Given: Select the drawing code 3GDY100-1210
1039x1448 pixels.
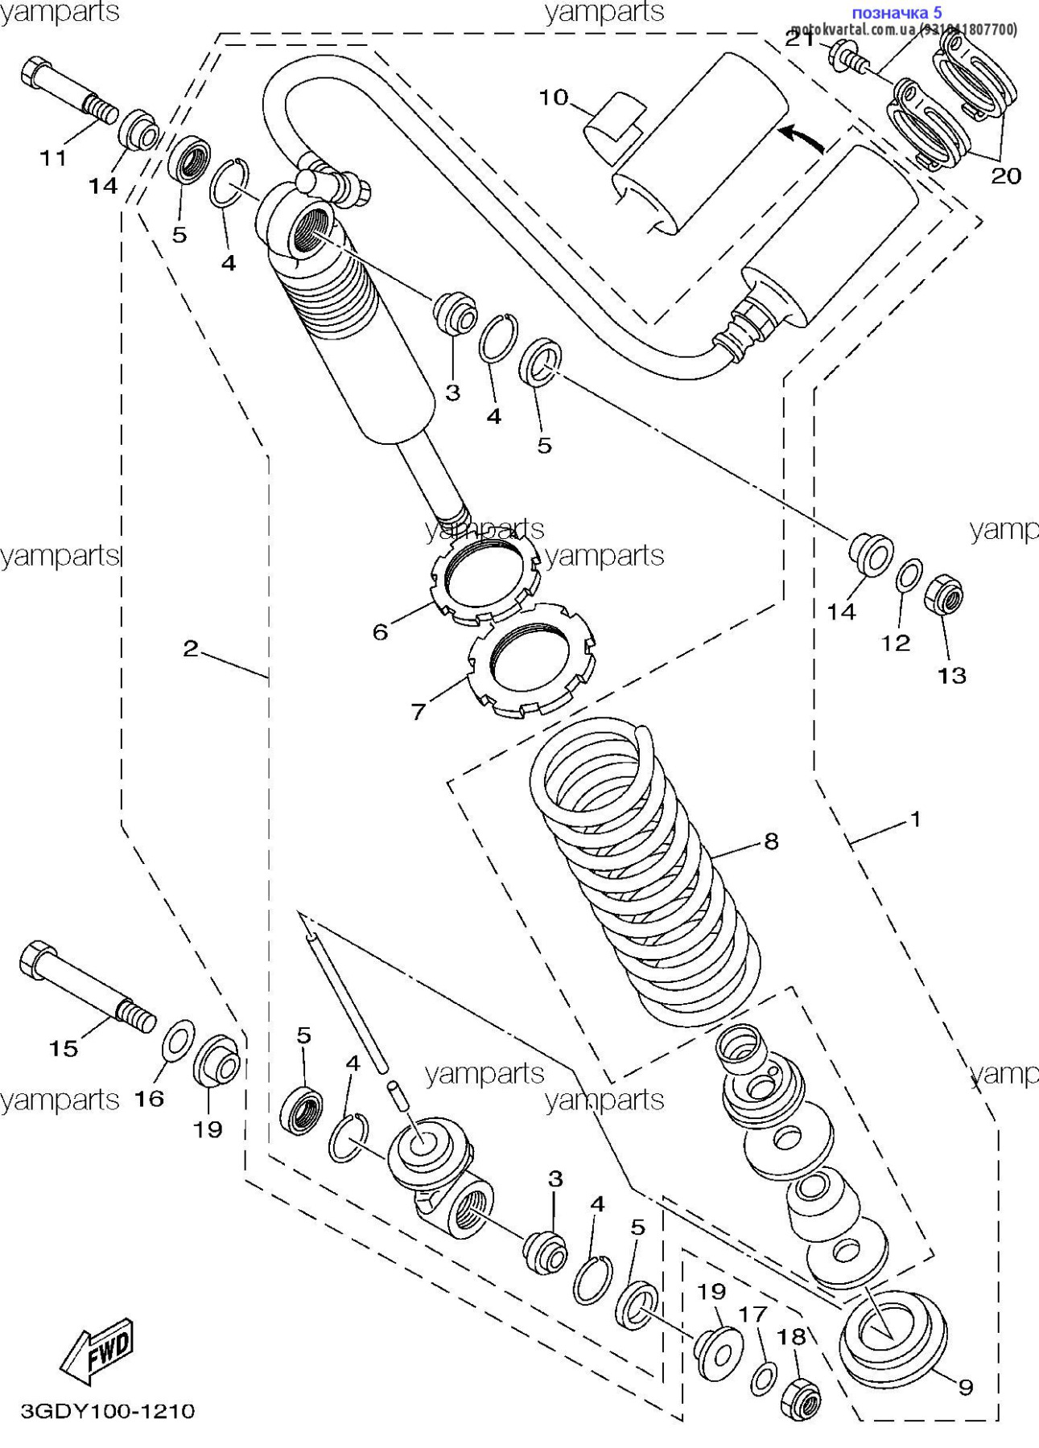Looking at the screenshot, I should [107, 1411].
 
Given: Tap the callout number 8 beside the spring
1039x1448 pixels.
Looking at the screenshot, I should [771, 841].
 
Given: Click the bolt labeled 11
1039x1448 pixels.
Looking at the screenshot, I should [68, 92].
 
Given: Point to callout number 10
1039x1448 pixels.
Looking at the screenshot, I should [553, 98].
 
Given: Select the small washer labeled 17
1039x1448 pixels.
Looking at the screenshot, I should [764, 1379].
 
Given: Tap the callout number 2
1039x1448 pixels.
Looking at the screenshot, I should [190, 648].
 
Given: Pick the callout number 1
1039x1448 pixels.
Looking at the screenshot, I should [914, 820].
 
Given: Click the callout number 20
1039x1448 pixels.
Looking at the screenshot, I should [1005, 175].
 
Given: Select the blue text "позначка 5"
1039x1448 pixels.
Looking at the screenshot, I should [896, 12].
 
